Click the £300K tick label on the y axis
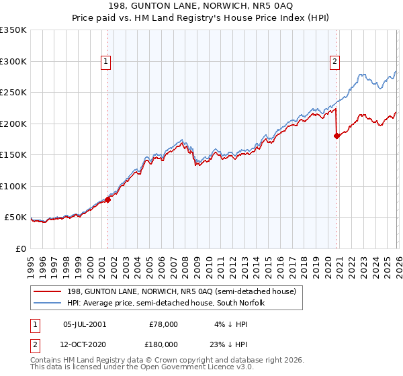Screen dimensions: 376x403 13,61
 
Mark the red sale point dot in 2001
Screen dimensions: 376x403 107,199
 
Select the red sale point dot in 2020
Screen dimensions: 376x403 337,136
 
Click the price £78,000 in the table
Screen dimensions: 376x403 163,324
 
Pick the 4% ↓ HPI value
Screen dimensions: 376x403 232,324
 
